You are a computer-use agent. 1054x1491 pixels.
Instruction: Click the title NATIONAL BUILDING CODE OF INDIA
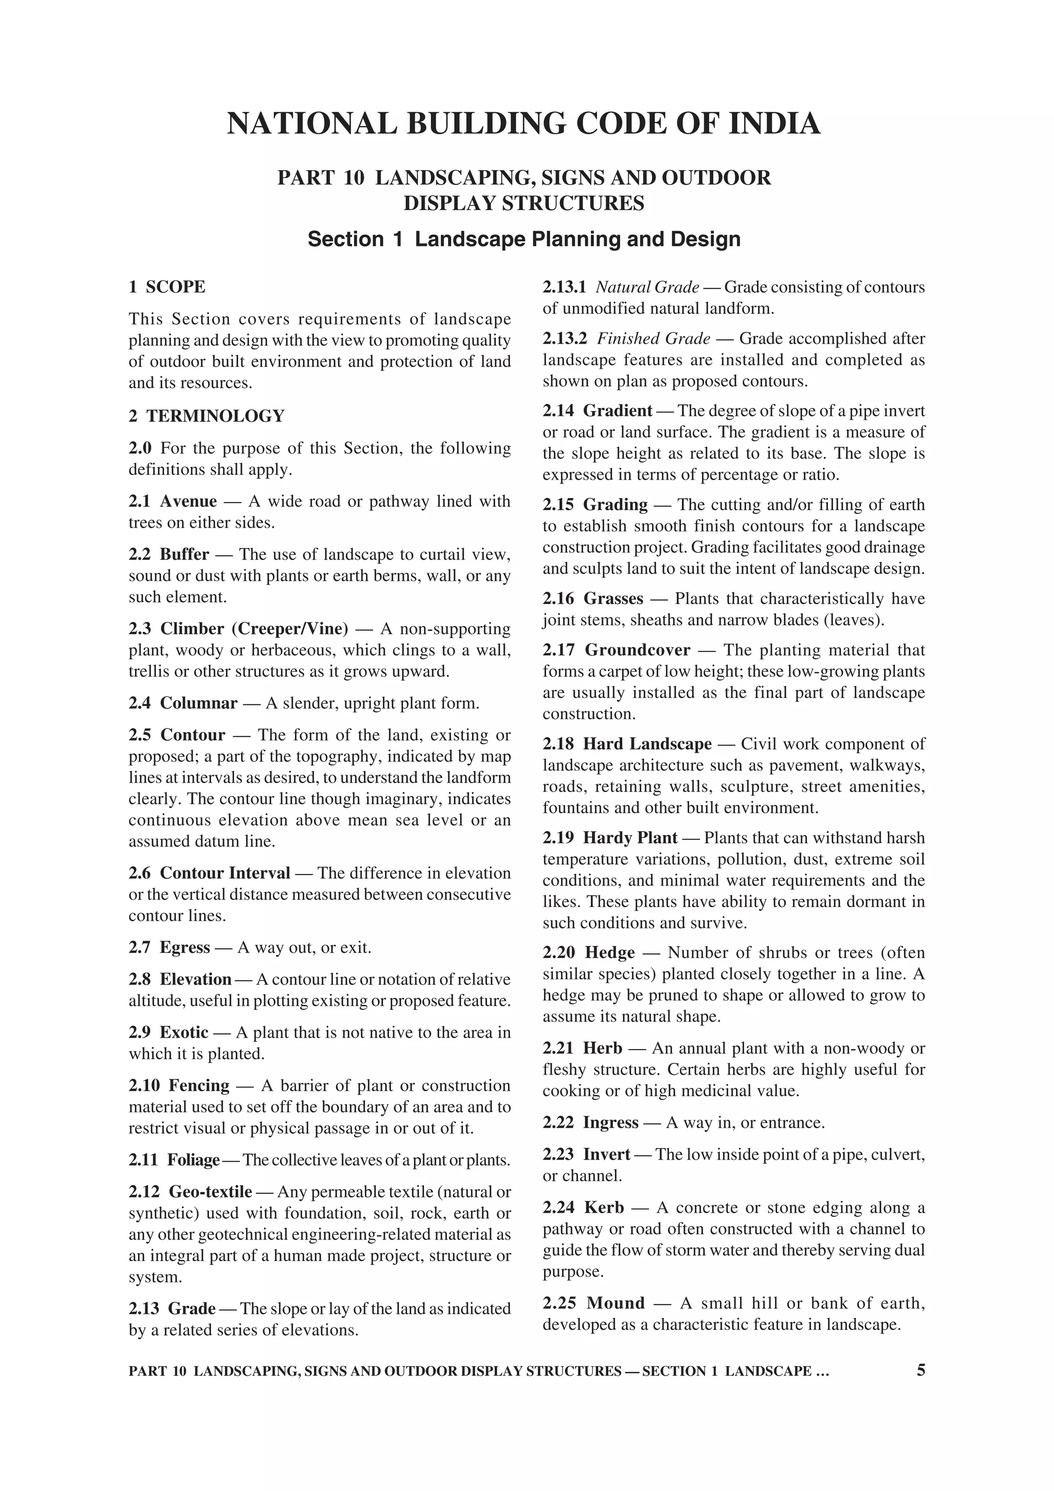pos(523,124)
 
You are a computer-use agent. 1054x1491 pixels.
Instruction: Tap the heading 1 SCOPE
pos(167,287)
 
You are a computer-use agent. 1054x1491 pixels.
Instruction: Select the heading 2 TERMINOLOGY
pos(206,416)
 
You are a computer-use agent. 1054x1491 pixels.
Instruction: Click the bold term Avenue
pos(188,501)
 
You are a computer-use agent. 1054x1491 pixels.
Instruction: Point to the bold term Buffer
pos(184,555)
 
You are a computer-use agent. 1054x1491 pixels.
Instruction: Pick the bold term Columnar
pos(199,703)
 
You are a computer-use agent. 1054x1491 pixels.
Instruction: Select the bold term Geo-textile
pos(210,1192)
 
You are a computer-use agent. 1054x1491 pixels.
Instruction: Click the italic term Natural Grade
pos(647,287)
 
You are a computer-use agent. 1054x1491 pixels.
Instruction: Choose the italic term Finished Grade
pos(653,339)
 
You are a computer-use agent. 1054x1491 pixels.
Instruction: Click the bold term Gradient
pos(617,411)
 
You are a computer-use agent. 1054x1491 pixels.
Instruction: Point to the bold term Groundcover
pos(637,650)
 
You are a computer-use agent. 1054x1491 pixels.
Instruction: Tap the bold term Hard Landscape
pos(647,744)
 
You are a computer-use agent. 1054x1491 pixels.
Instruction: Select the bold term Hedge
pos(609,953)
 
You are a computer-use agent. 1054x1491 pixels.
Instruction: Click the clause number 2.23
pos(558,1154)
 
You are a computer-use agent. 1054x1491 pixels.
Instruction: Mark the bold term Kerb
pos(604,1207)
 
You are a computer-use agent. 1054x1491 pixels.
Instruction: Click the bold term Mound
pos(615,1303)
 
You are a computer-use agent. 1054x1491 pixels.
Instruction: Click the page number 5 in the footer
pos(920,1370)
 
